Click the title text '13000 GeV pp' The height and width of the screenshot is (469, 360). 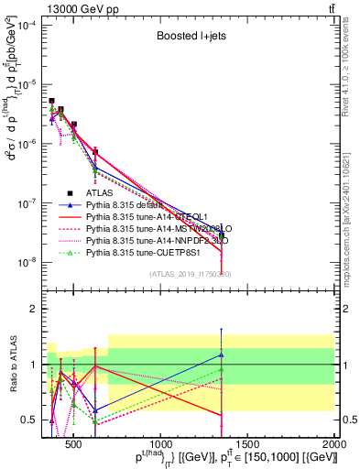[x=71, y=6]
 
